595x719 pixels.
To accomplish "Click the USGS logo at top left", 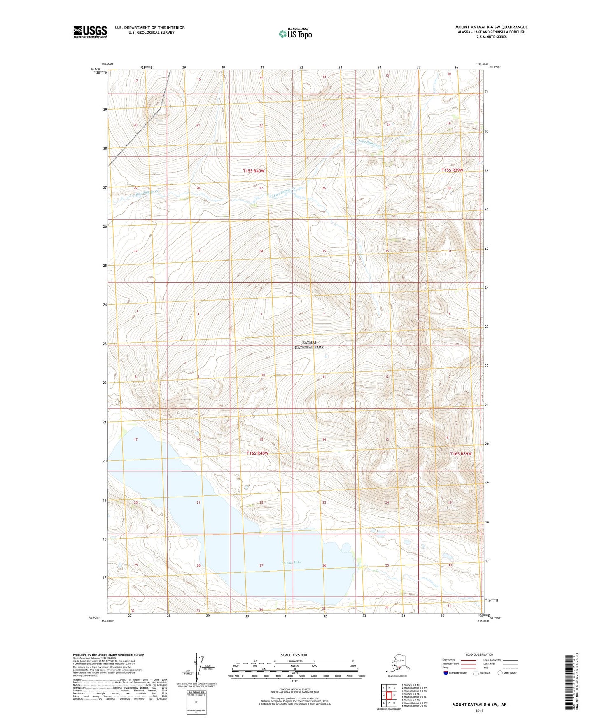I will pos(90,32).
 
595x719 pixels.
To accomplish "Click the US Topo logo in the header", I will pos(295,34).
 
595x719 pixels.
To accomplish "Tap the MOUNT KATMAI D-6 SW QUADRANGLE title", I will pos(491,27).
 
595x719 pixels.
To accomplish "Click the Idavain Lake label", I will pos(292,563).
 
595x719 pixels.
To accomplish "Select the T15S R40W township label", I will pos(253,170).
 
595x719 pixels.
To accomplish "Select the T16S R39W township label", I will pos(460,454).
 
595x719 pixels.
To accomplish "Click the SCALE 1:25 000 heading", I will pos(294,655).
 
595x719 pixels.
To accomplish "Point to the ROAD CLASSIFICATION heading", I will pos(479,654).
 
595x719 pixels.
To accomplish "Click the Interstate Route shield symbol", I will pos(446,673).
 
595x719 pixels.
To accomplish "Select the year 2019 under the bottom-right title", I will pos(479,710).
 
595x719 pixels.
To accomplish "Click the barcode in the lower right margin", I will pos(569,683).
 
